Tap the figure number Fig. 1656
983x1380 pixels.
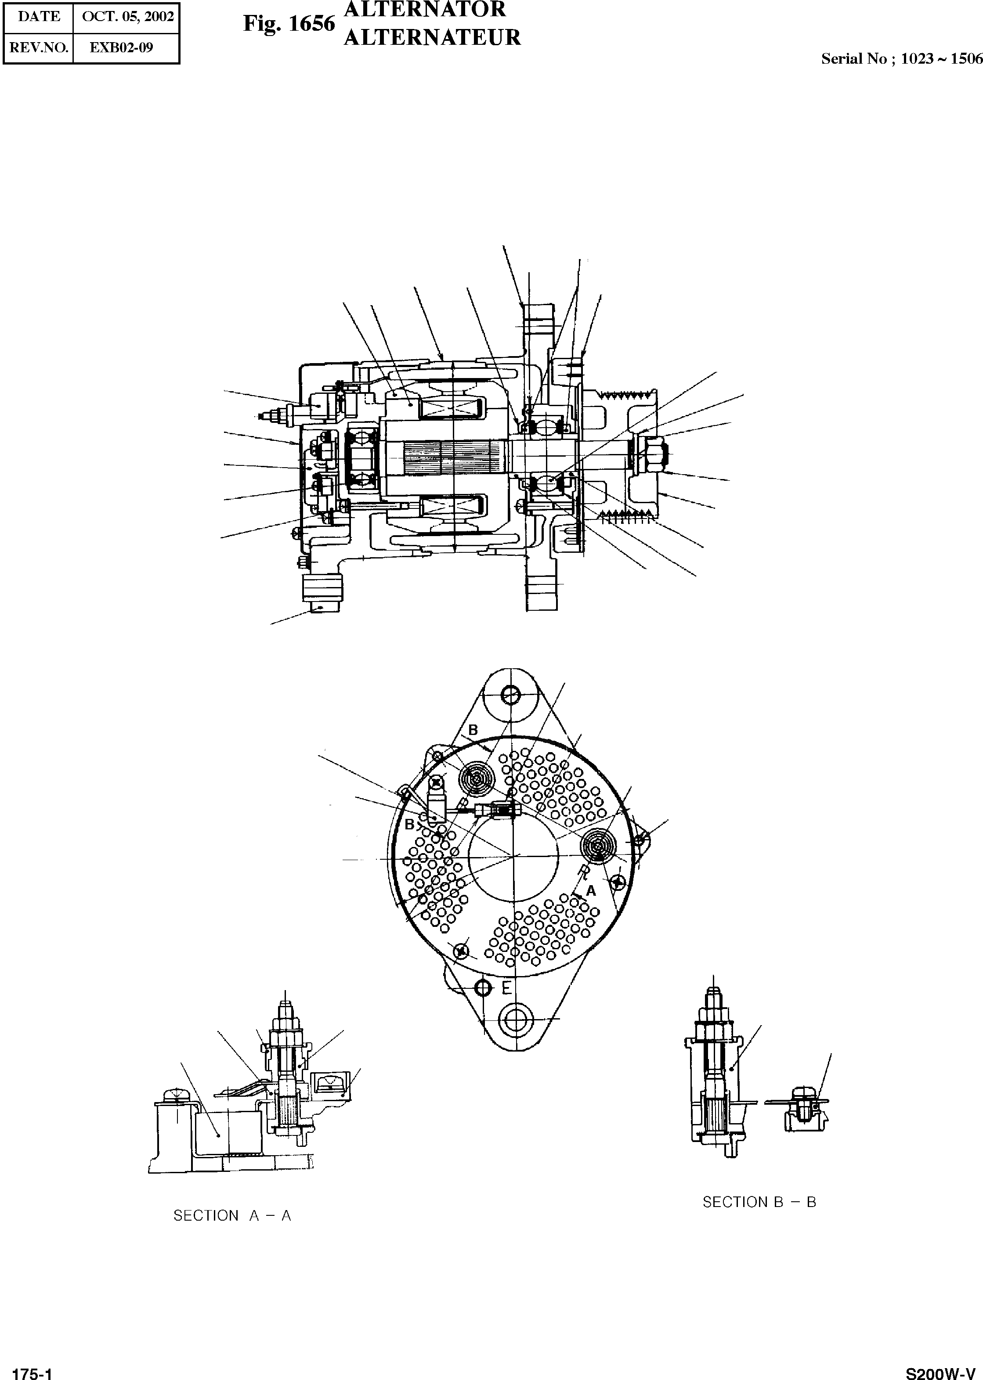[289, 24]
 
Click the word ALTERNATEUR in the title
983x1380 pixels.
[432, 37]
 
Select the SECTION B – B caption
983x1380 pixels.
[759, 1202]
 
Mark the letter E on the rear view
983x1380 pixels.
[506, 988]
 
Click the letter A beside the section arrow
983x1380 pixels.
[591, 890]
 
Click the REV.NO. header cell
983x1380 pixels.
[39, 48]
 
